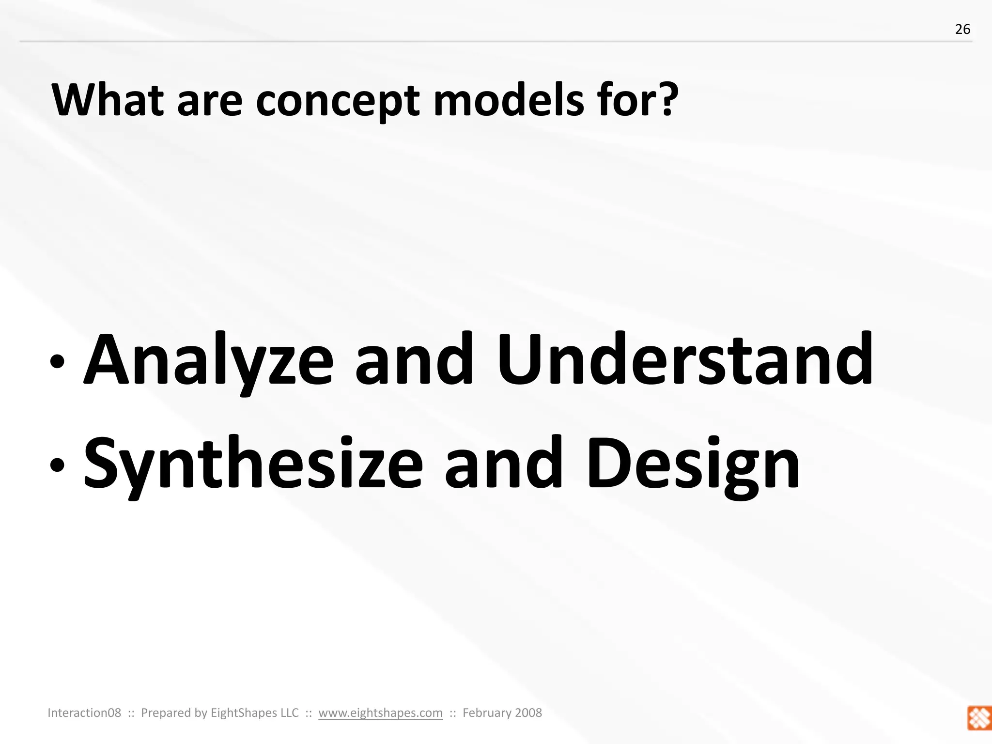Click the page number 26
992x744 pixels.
[x=962, y=30]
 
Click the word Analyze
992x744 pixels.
[x=209, y=361]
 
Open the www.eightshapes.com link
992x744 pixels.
[x=380, y=713]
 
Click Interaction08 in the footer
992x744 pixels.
[x=84, y=713]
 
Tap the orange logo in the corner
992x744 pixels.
[x=979, y=718]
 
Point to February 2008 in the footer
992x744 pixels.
[x=502, y=713]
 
